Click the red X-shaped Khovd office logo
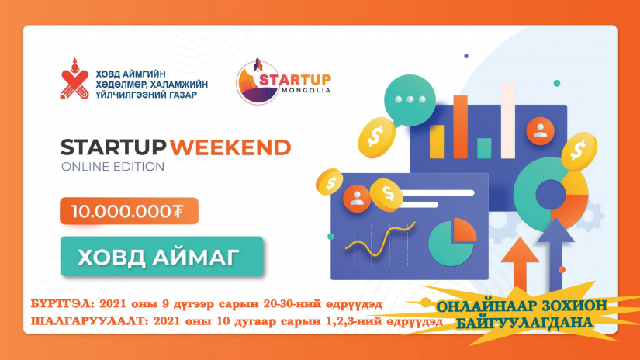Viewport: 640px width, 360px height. tap(74, 80)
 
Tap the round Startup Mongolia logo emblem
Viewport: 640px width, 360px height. tap(257, 82)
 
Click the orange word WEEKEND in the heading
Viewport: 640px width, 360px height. tap(230, 147)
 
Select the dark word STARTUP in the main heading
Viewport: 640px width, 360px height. tap(113, 147)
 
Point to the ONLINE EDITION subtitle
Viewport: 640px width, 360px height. tap(112, 167)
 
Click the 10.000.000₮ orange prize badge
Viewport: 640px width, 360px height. tap(129, 211)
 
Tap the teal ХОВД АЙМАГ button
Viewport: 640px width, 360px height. tap(161, 257)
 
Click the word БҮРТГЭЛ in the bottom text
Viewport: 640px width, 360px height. tap(63, 304)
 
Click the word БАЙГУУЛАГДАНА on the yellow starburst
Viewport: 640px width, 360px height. tap(524, 323)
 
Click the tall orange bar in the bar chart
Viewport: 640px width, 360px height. tap(460, 126)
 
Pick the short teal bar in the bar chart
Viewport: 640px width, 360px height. tap(483, 148)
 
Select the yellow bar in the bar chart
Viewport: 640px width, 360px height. tap(436, 141)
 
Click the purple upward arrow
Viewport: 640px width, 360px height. tap(555, 252)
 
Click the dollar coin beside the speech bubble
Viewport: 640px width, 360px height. tap(376, 137)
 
